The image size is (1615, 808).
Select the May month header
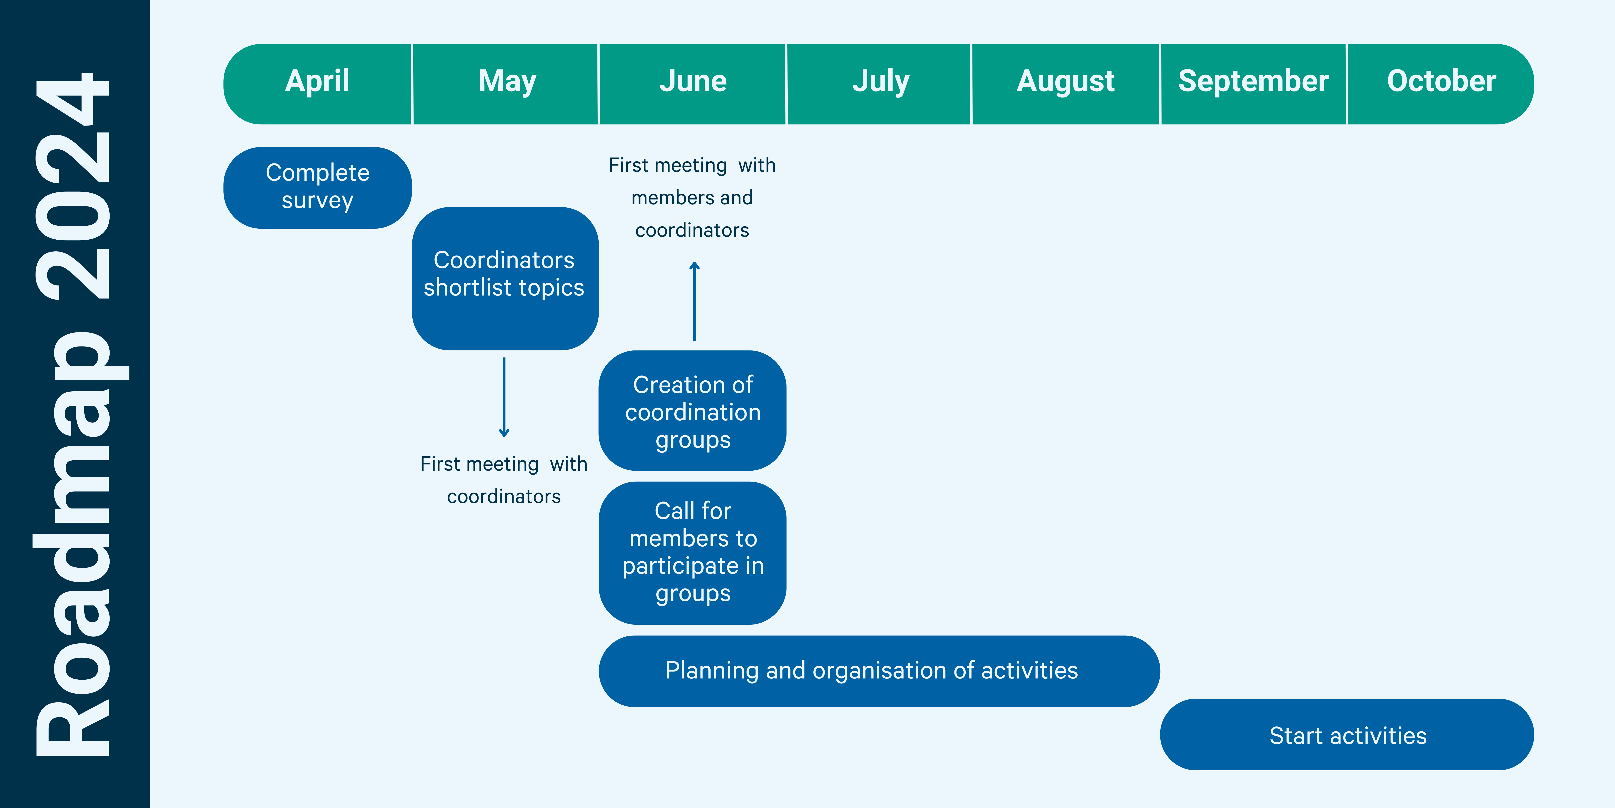coord(505,84)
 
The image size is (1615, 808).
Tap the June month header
coord(693,84)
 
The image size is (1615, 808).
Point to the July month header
coord(879,84)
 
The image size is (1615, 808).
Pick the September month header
coord(1253,84)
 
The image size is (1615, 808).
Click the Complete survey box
coord(317,188)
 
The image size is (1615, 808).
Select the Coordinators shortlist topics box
coord(505,278)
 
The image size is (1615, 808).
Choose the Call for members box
coord(693,553)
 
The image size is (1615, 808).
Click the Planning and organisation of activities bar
coord(879,671)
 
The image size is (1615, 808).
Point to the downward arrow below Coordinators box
coord(504,397)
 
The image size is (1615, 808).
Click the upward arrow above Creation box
coord(694,301)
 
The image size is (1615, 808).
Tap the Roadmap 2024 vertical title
coord(74,414)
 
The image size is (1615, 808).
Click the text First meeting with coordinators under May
coord(504,480)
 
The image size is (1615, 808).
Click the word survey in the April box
coord(317,201)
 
